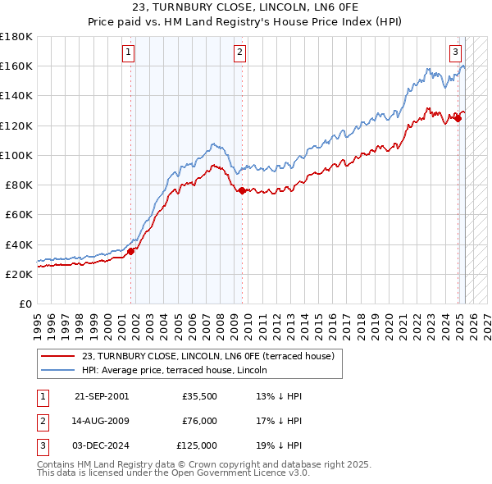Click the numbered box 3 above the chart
tap(455, 51)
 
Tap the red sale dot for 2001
tap(130, 251)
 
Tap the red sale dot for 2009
tap(242, 190)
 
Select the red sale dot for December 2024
tap(458, 118)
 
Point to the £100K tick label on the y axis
tap(16, 155)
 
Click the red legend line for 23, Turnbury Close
tap(57, 357)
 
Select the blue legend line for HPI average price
tap(57, 370)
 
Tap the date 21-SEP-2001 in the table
tap(102, 396)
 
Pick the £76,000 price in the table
tap(199, 421)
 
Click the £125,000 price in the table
tap(197, 445)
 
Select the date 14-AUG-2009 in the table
tap(102, 421)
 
